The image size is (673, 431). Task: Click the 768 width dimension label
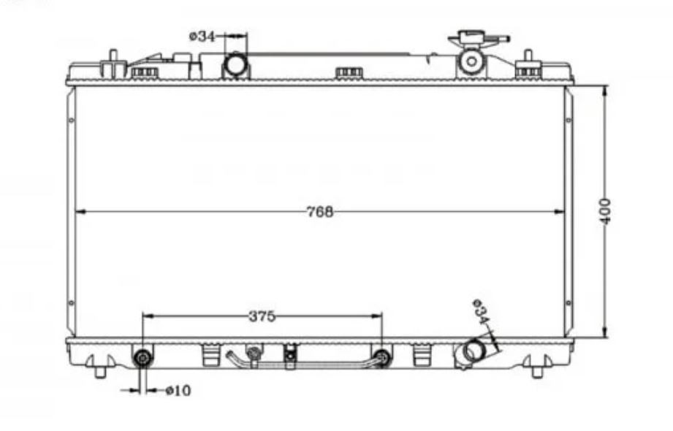(320, 212)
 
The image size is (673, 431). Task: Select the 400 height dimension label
(605, 211)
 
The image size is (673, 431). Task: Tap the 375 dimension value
(262, 316)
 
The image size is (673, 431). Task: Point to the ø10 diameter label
(178, 390)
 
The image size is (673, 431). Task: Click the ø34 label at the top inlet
(202, 36)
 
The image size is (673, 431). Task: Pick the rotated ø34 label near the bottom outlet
(481, 312)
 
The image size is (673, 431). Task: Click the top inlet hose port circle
(235, 64)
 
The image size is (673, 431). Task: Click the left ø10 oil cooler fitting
(142, 357)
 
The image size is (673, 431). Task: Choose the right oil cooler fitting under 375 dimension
(382, 357)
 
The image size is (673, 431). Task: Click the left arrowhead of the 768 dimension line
(80, 211)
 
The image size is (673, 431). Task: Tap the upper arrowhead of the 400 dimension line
(605, 91)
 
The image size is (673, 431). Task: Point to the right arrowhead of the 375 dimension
(377, 316)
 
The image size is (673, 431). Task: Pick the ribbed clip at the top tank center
(349, 73)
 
